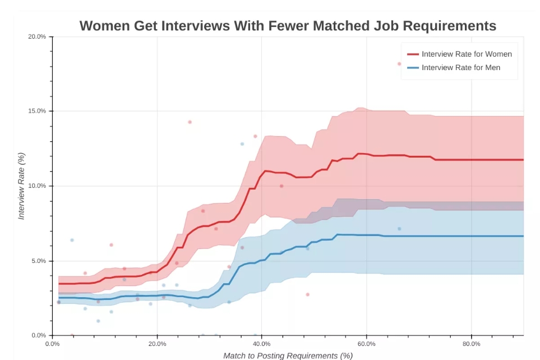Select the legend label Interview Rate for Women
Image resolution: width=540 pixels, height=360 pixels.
tap(467, 54)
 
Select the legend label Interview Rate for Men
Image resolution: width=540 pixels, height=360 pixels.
tap(461, 68)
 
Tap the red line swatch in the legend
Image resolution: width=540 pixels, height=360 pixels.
tap(413, 54)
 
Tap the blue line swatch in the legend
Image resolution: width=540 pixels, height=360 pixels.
tap(413, 68)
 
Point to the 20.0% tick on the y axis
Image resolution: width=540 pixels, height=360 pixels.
tap(38, 36)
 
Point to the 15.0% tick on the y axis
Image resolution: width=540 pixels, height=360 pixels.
tap(38, 111)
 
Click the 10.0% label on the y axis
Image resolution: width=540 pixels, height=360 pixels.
tap(38, 186)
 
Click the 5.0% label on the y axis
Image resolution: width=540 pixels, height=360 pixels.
tap(39, 261)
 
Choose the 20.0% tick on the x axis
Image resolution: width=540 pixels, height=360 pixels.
tap(157, 344)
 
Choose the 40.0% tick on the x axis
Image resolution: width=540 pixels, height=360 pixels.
tap(262, 344)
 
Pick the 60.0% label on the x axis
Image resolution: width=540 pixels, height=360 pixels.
tap(367, 344)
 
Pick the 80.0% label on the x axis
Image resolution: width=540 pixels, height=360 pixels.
tap(472, 344)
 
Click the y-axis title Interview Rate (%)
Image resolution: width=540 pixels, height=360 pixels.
tap(22, 186)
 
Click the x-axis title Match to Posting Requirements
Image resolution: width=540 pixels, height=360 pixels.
tap(288, 356)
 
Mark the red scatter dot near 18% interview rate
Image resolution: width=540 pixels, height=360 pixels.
tap(399, 64)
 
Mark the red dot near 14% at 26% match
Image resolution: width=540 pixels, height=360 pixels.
tap(190, 122)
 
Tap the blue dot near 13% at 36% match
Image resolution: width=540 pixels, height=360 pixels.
tap(242, 144)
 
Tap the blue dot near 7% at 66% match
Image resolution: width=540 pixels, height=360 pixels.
tap(399, 229)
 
